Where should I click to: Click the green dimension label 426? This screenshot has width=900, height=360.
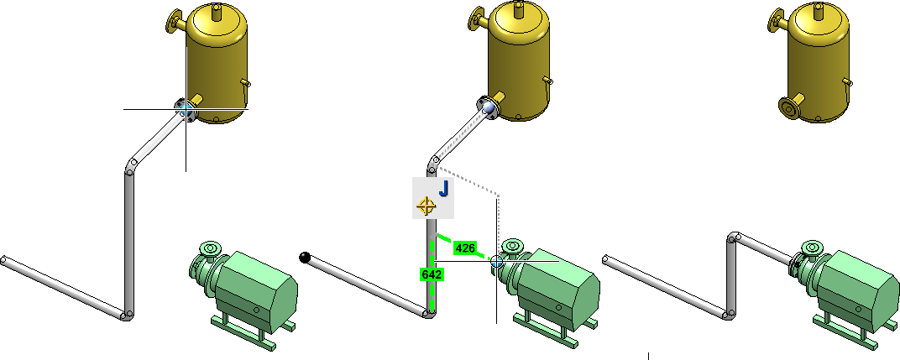pyautogui.click(x=464, y=248)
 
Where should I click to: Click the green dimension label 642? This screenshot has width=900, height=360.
pyautogui.click(x=431, y=275)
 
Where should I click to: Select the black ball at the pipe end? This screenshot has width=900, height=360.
pyautogui.click(x=305, y=258)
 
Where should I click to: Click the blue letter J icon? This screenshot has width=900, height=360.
pyautogui.click(x=443, y=188)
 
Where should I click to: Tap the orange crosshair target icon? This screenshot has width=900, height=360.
pyautogui.click(x=426, y=206)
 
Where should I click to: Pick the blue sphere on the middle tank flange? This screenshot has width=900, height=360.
pyautogui.click(x=489, y=107)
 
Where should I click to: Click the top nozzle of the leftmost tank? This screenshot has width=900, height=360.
pyautogui.click(x=216, y=10)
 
